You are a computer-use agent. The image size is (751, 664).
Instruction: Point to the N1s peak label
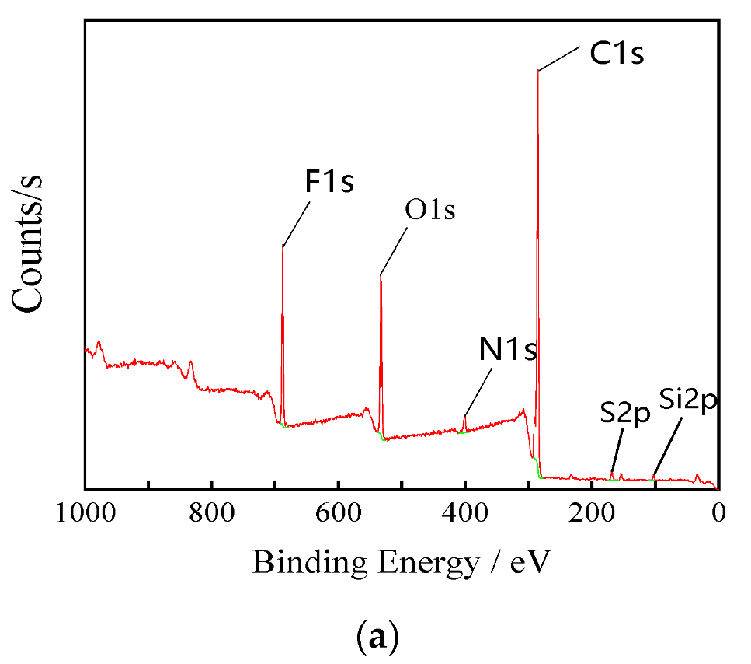[508, 351]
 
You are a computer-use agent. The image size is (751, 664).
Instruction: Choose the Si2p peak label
[687, 403]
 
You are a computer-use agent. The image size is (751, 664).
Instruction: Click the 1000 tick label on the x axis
[85, 514]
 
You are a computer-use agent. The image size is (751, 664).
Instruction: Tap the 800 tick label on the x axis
[211, 514]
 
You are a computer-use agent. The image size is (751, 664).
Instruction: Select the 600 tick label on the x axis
[338, 514]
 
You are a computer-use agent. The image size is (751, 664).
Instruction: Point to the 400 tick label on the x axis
[464, 514]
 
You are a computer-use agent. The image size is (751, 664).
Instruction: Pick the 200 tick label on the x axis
[592, 514]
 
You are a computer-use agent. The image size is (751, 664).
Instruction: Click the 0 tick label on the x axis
[718, 514]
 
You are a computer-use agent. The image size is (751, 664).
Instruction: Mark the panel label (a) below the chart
[377, 638]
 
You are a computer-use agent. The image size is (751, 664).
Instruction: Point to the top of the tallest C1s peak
[537, 72]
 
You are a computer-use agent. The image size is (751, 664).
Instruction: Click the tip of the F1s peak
[283, 246]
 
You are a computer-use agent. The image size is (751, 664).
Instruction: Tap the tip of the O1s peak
[381, 275]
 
